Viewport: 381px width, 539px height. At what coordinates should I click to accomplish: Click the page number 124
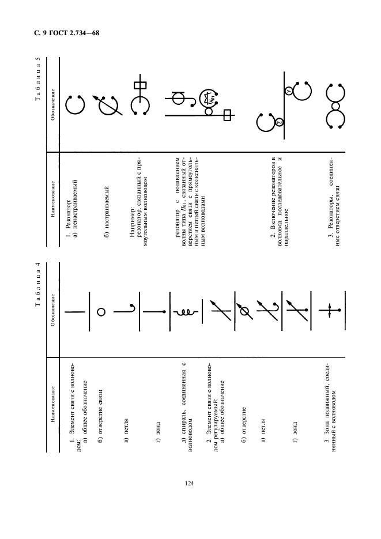click(189, 483)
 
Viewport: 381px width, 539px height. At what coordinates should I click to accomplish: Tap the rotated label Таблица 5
click(38, 79)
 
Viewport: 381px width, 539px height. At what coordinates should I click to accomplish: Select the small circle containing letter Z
click(279, 122)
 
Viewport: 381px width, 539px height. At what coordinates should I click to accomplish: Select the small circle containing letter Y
click(288, 91)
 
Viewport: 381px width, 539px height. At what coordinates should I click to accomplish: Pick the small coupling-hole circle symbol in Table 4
click(101, 312)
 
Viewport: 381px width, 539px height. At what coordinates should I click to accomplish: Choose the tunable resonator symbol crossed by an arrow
click(108, 104)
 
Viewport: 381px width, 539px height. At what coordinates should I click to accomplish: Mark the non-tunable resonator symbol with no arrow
click(74, 104)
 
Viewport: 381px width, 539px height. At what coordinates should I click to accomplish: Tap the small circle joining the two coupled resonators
click(335, 105)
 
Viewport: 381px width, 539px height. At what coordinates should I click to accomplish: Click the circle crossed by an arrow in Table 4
click(244, 312)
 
